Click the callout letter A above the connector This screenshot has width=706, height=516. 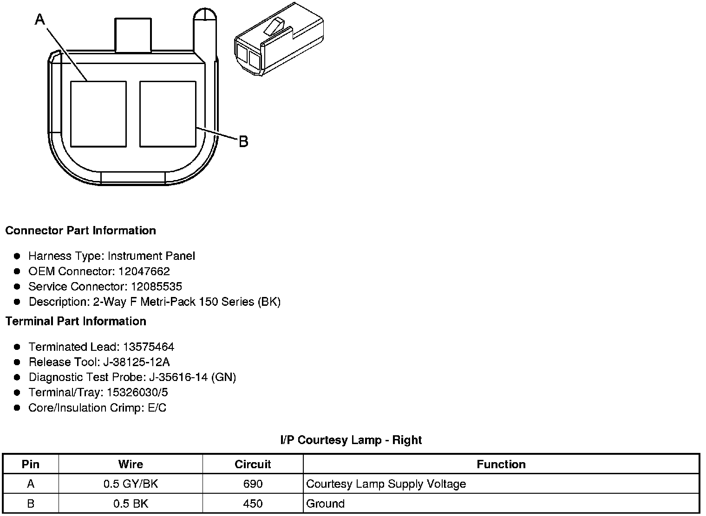pos(40,19)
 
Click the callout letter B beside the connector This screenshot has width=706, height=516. pos(243,141)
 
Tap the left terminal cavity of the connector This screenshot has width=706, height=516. pos(98,114)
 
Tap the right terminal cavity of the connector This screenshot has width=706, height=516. pos(168,114)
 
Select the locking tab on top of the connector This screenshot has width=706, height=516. pos(133,35)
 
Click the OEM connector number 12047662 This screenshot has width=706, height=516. pos(144,271)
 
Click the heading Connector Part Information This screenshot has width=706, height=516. pos(80,231)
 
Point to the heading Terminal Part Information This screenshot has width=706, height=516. pos(76,321)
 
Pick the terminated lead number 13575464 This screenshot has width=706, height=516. pos(148,347)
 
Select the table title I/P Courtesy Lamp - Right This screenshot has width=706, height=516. pos(351,440)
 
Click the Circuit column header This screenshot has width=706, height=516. pos(253,464)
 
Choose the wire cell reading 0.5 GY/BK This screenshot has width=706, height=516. pos(131,484)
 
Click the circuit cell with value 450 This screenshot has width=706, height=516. pos(253,503)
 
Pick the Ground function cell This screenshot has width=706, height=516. pos(326,503)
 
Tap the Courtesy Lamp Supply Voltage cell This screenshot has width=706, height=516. pos(386,484)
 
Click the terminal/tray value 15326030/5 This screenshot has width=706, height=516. pos(137,393)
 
